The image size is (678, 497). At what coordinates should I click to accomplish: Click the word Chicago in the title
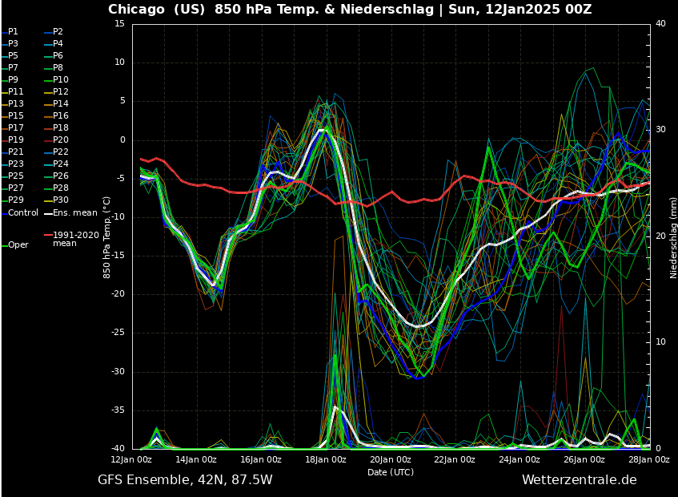[x=137, y=10]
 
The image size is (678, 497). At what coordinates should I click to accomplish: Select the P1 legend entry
[x=13, y=32]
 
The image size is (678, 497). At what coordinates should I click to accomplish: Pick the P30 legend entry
[x=60, y=200]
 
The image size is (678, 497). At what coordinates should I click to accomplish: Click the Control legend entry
[x=22, y=212]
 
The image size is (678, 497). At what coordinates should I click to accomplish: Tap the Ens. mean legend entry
[x=74, y=212]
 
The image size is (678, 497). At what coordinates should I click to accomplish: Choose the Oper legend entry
[x=18, y=245]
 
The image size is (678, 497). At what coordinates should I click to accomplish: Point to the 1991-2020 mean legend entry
[x=75, y=239]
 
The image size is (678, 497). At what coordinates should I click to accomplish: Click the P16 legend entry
[x=60, y=116]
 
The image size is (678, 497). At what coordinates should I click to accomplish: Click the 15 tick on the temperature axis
[x=118, y=24]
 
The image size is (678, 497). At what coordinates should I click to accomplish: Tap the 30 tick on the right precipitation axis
[x=660, y=130]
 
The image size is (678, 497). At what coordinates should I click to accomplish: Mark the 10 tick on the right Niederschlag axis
[x=660, y=342]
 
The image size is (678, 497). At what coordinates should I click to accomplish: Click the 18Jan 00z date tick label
[x=326, y=460]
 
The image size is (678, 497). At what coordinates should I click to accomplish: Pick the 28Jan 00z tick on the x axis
[x=649, y=460]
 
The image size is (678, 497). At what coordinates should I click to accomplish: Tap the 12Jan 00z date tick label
[x=132, y=460]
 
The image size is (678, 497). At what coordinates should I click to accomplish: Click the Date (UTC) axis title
[x=391, y=472]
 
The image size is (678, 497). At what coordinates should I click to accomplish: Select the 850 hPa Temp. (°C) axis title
[x=106, y=237]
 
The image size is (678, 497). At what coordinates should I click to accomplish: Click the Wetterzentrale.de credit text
[x=579, y=480]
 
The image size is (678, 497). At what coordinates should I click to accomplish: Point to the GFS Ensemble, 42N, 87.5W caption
[x=185, y=480]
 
